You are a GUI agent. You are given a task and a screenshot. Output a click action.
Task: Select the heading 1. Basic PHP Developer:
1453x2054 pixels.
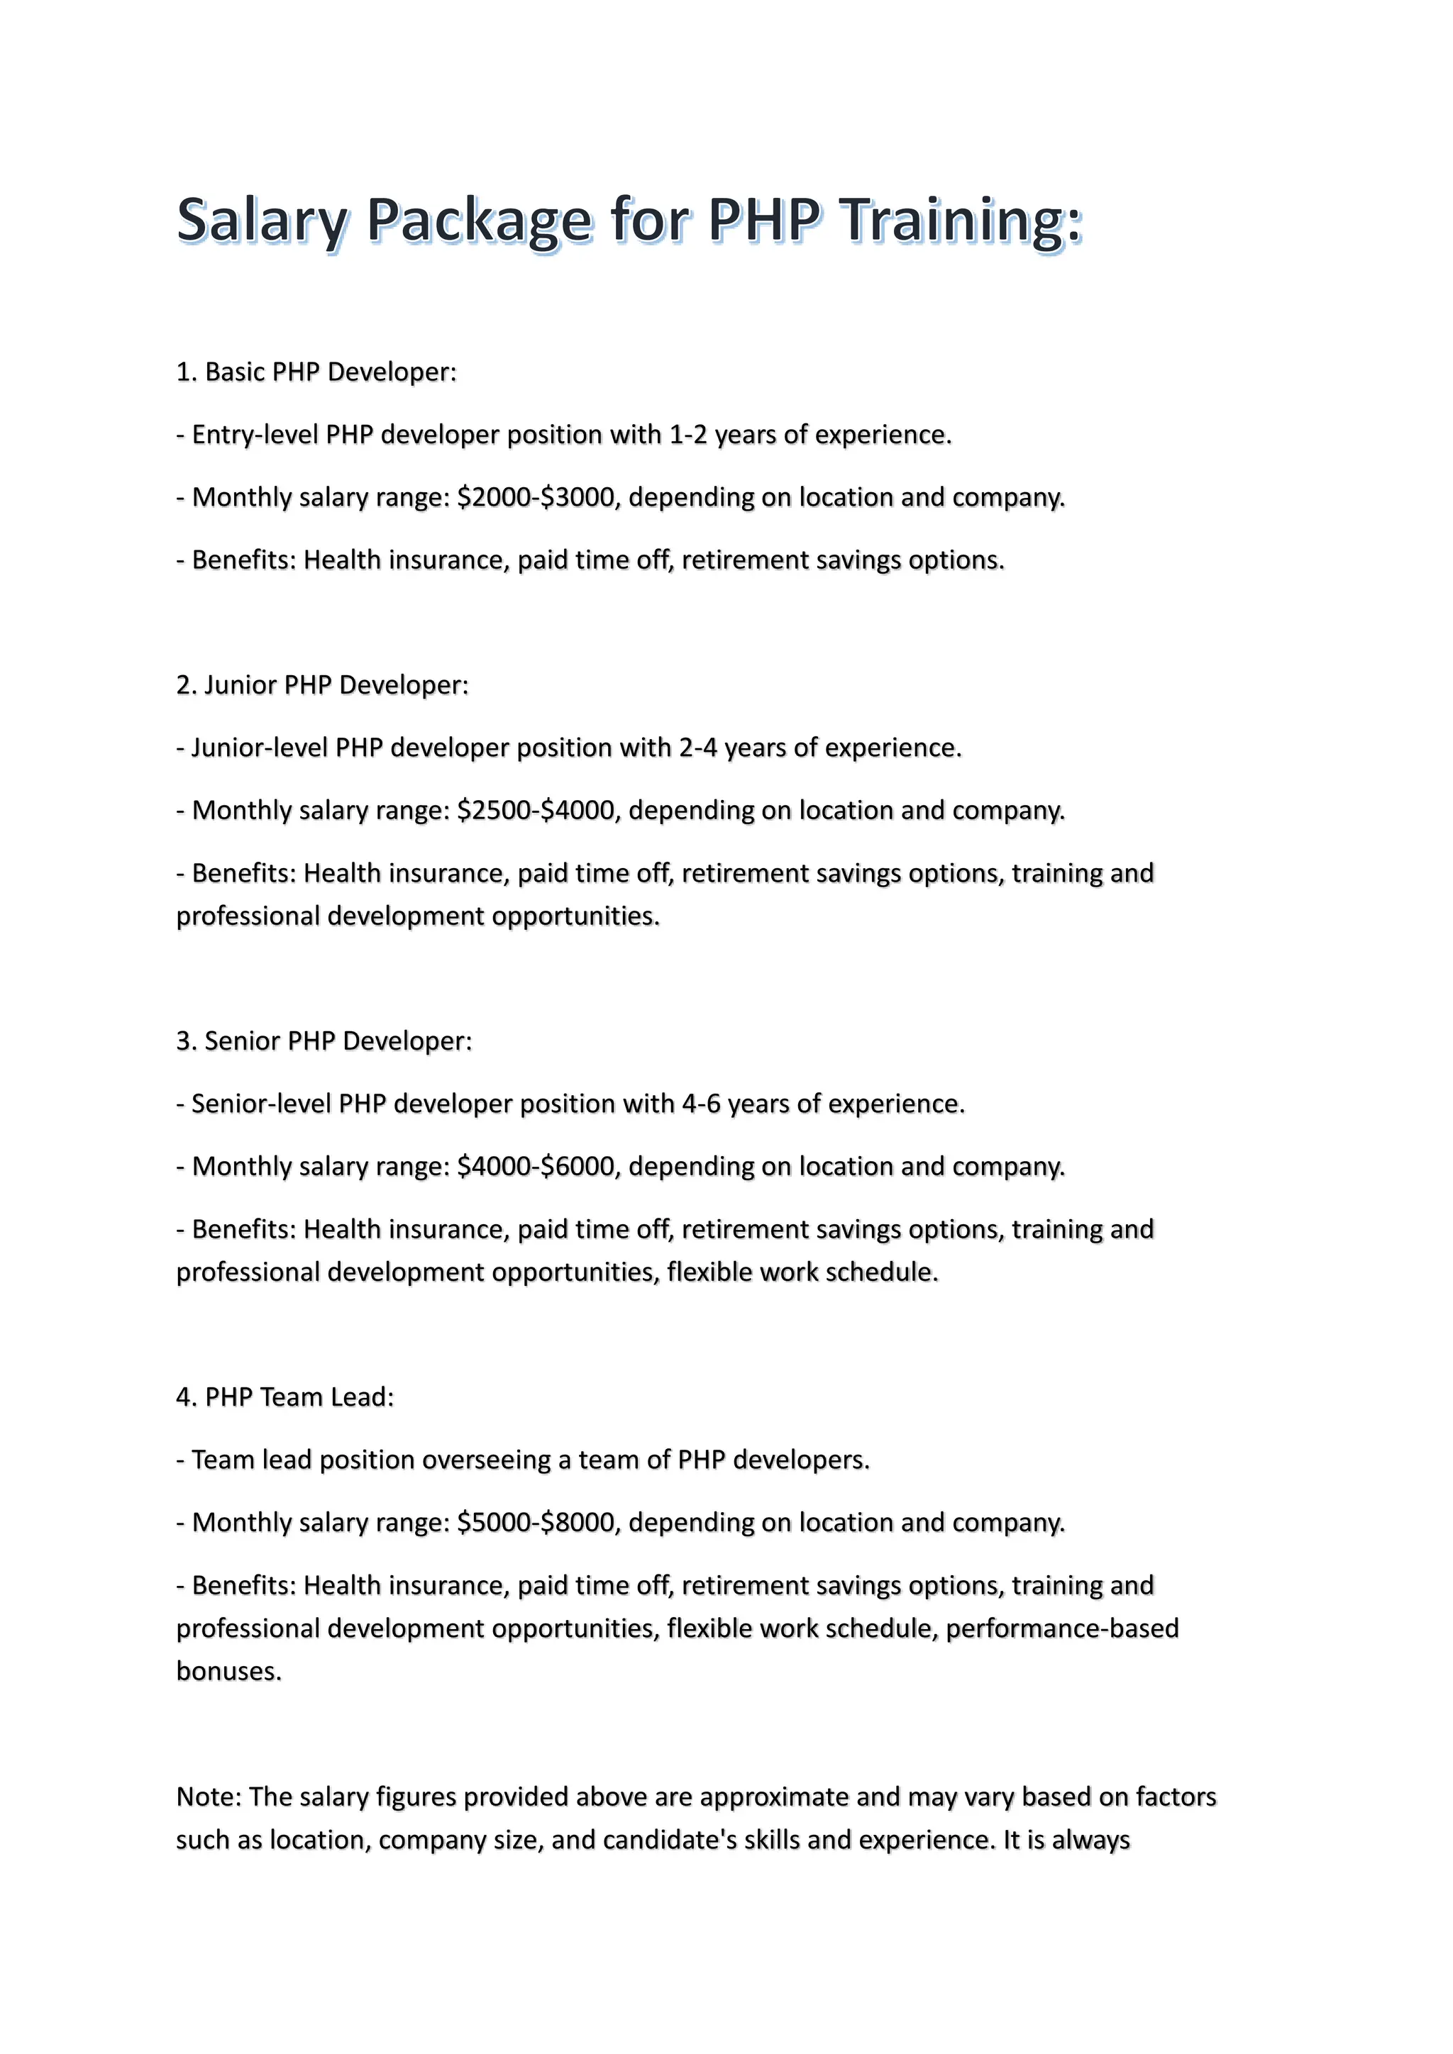point(316,372)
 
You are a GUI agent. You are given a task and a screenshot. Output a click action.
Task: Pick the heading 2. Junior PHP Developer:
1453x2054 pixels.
point(322,685)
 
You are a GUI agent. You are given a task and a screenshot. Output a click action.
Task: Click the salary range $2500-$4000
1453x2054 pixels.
point(537,811)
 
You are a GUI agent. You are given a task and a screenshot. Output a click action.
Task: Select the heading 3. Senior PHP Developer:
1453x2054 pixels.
point(324,1041)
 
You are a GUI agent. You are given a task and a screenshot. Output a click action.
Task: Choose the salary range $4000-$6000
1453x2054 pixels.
point(537,1167)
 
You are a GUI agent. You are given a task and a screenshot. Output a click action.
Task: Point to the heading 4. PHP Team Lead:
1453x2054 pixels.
point(284,1397)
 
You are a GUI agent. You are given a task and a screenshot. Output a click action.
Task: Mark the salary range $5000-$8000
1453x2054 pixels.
point(537,1523)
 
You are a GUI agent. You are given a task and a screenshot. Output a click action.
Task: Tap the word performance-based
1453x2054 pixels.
point(1062,1628)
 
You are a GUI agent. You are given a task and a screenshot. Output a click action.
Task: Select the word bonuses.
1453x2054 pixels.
point(228,1671)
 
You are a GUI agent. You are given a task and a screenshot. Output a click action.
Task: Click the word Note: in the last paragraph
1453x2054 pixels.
point(209,1797)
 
